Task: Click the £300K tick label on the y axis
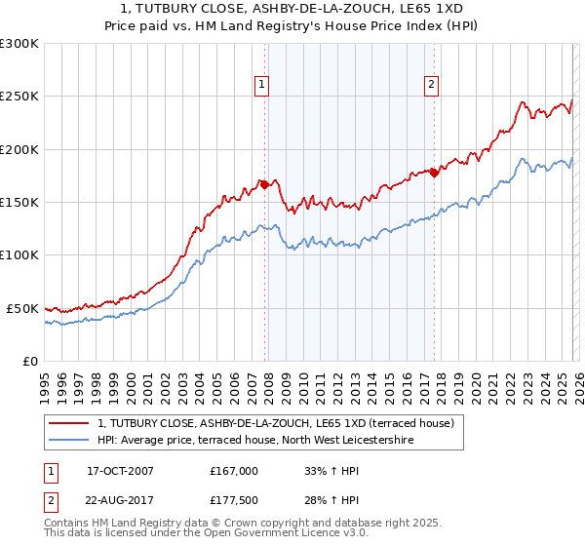coord(19,44)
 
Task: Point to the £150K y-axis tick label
coord(19,202)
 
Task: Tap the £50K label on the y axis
coord(22,308)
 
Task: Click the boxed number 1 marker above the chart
coord(262,85)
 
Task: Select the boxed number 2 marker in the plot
coord(431,85)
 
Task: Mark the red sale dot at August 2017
coord(434,173)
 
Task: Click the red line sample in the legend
coord(70,423)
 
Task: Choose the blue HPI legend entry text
coord(255,441)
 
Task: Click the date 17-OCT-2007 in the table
coord(121,470)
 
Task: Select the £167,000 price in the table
coord(234,470)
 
